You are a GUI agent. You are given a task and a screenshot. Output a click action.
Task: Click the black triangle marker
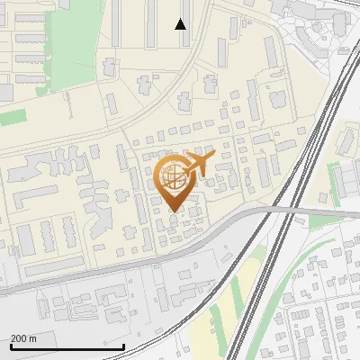181,24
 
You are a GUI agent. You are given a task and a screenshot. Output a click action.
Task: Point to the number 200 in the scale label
18,339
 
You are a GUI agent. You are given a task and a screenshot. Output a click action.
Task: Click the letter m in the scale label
32,339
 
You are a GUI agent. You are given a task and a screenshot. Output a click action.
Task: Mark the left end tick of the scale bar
10,346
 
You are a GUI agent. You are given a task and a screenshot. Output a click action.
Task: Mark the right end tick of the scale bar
122,346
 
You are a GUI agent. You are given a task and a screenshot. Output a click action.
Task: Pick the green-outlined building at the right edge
343,184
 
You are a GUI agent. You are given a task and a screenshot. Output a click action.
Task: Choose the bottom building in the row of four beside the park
29,78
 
